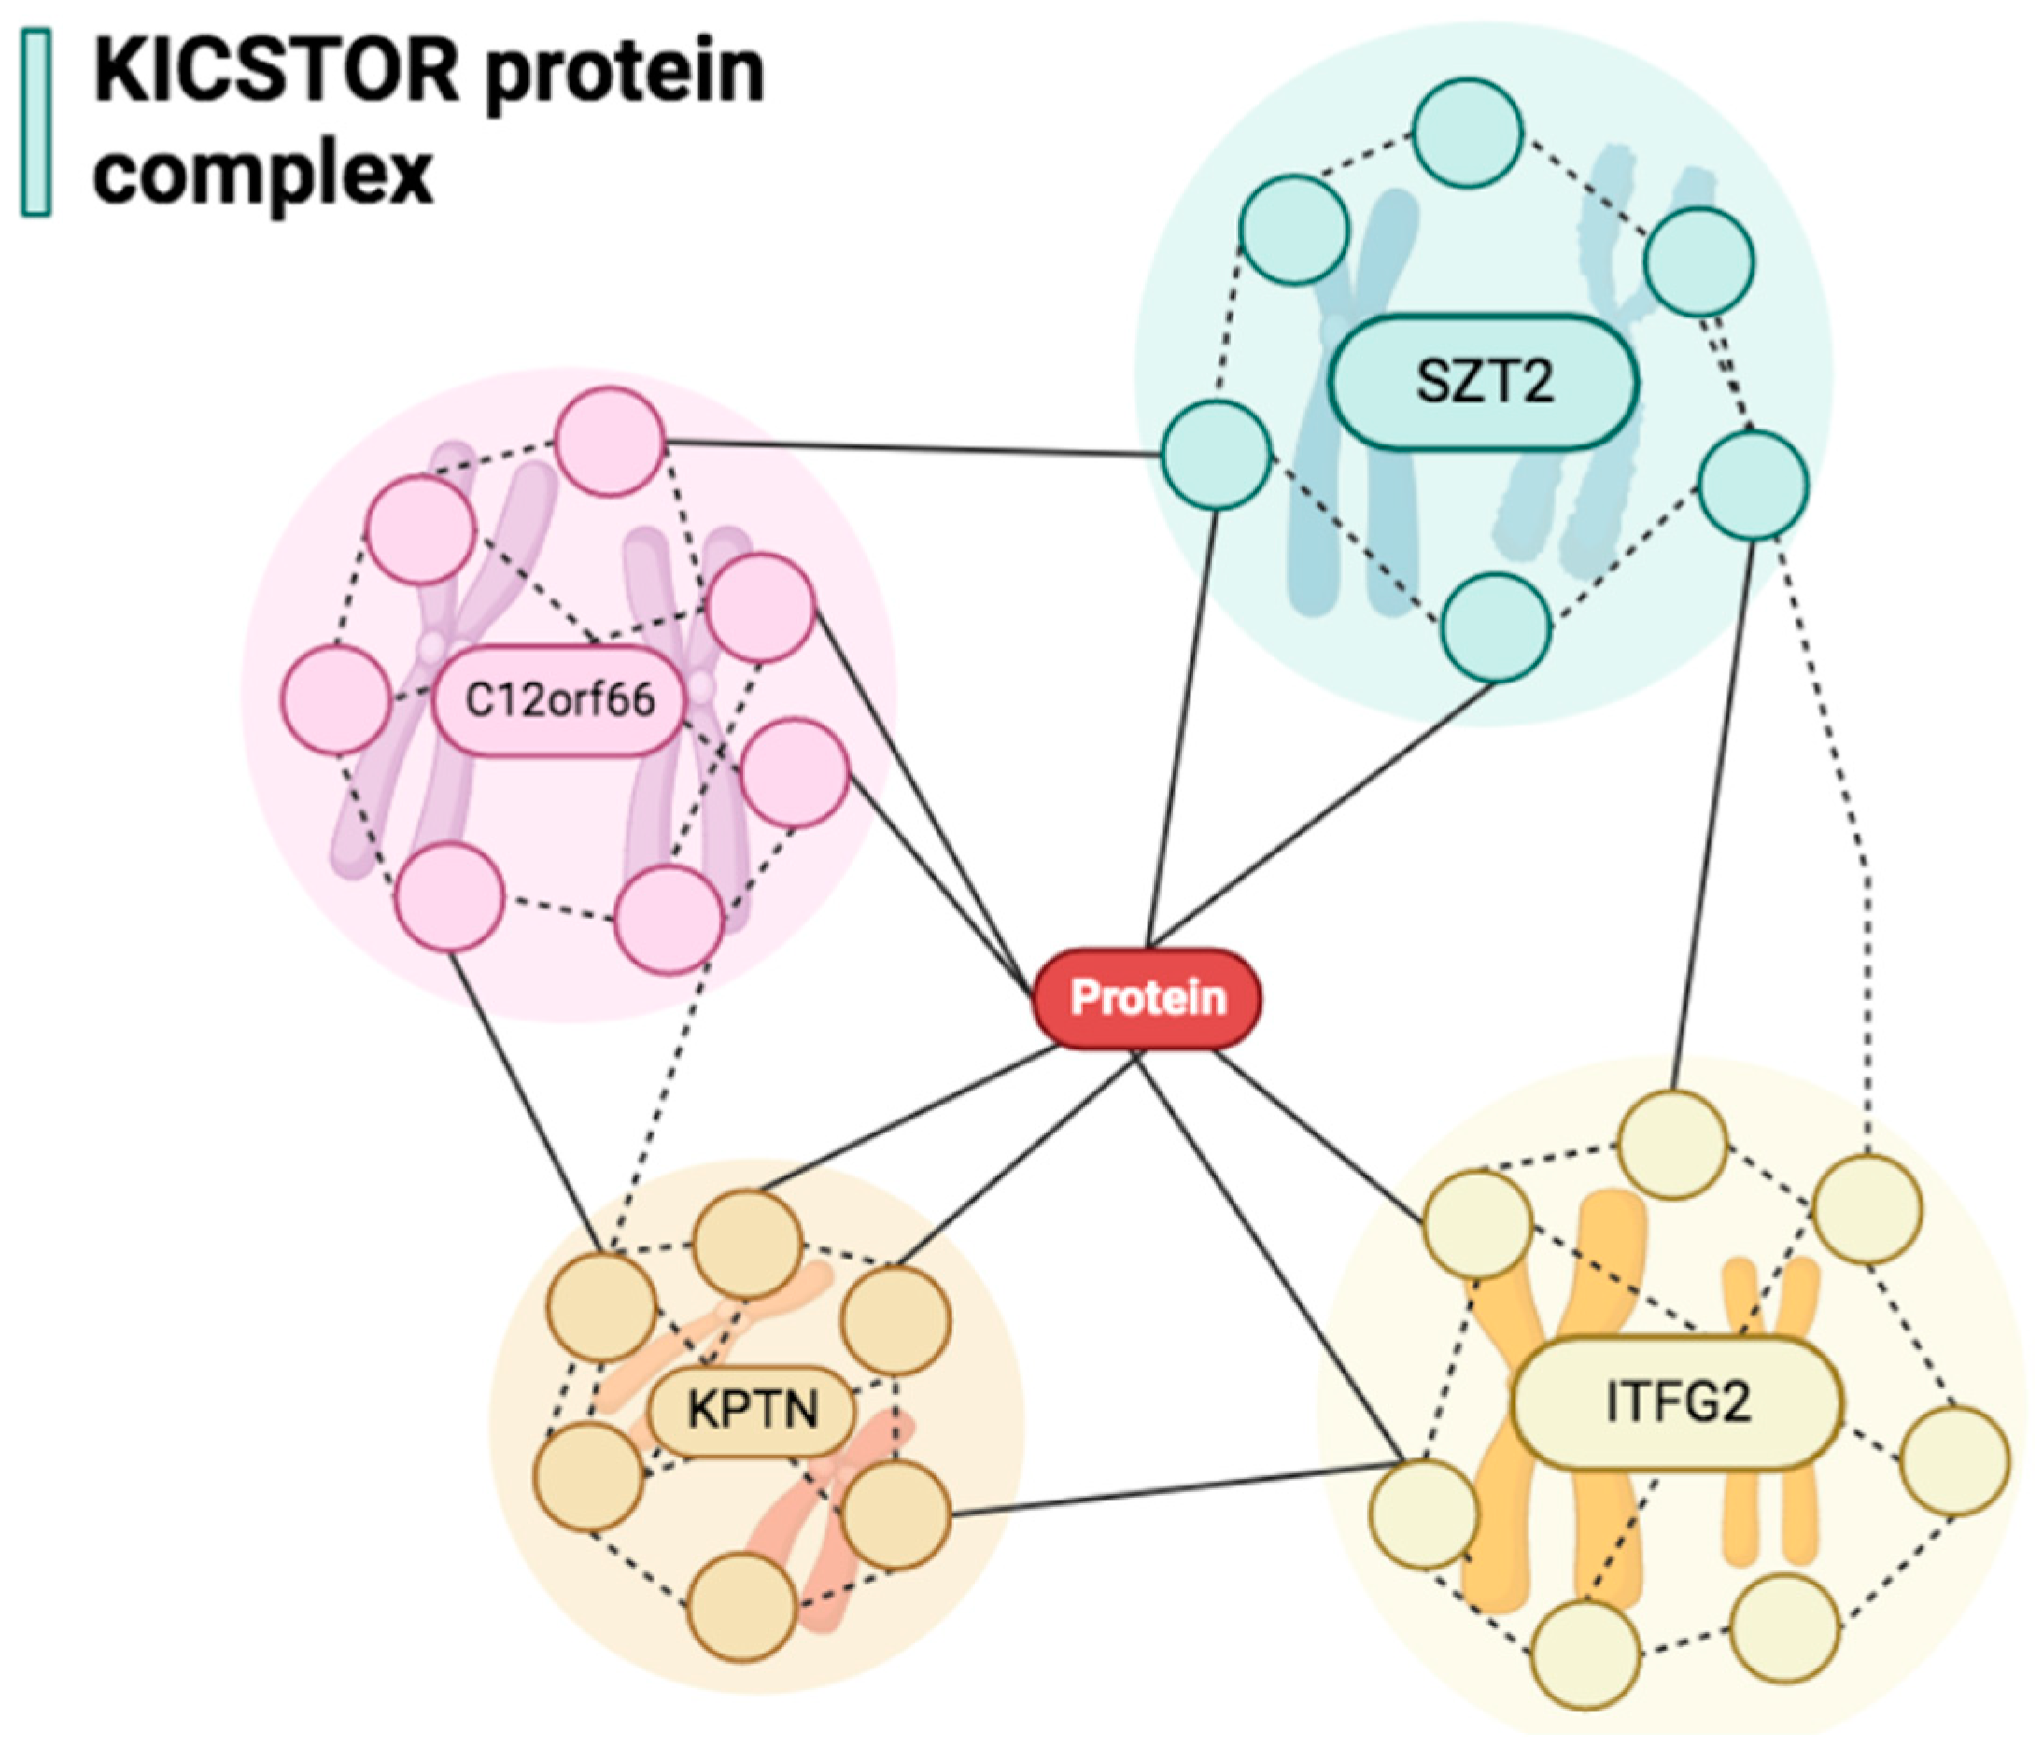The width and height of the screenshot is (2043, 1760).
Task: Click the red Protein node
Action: click(x=1147, y=998)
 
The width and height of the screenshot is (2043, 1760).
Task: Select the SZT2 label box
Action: click(x=1484, y=382)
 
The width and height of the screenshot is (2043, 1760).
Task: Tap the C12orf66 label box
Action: click(x=559, y=700)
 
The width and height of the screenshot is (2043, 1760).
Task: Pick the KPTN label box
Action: click(x=753, y=1410)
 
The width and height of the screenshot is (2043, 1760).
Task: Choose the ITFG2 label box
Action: click(x=1677, y=1403)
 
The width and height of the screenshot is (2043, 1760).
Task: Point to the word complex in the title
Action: click(x=263, y=175)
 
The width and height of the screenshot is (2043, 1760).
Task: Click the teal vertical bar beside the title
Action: click(x=36, y=123)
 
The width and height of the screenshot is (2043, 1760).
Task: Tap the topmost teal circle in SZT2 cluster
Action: click(x=1467, y=134)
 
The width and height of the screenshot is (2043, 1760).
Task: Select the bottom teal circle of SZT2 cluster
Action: click(x=1495, y=628)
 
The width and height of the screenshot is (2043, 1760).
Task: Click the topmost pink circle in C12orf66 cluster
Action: click(x=610, y=442)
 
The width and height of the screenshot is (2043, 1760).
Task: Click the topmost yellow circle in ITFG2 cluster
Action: click(x=1674, y=1145)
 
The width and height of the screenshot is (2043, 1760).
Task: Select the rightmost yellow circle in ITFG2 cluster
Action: click(x=1954, y=1460)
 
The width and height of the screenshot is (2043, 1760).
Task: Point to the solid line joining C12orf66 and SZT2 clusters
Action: click(x=912, y=448)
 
